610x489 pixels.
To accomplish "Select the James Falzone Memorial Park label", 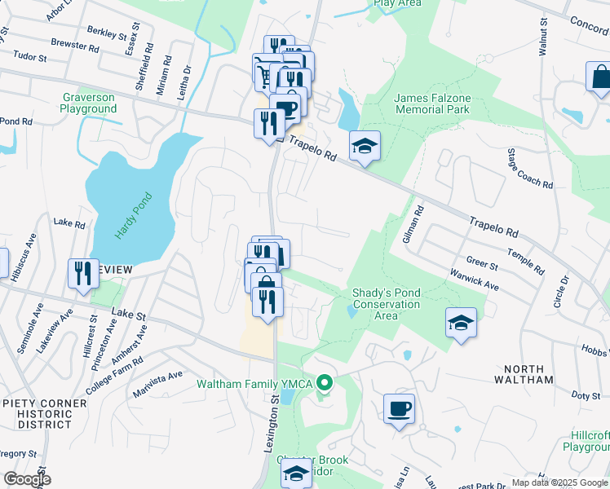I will pos(432,103).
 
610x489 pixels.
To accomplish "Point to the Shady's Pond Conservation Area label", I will pos(386,304).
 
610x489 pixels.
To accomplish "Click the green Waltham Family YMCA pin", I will pos(325,381).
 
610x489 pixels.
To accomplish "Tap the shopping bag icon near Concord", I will pos(599,77).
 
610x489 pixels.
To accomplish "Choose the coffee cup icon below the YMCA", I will pos(399,409).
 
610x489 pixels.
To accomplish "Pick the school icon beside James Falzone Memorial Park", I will pos(365,147).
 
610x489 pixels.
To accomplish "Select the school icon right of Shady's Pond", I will pos(461,323).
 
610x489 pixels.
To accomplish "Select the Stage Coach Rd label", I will pos(529,169).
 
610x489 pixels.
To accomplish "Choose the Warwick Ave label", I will pos(481,280).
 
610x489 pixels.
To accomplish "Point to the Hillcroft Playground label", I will pos(586,441).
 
